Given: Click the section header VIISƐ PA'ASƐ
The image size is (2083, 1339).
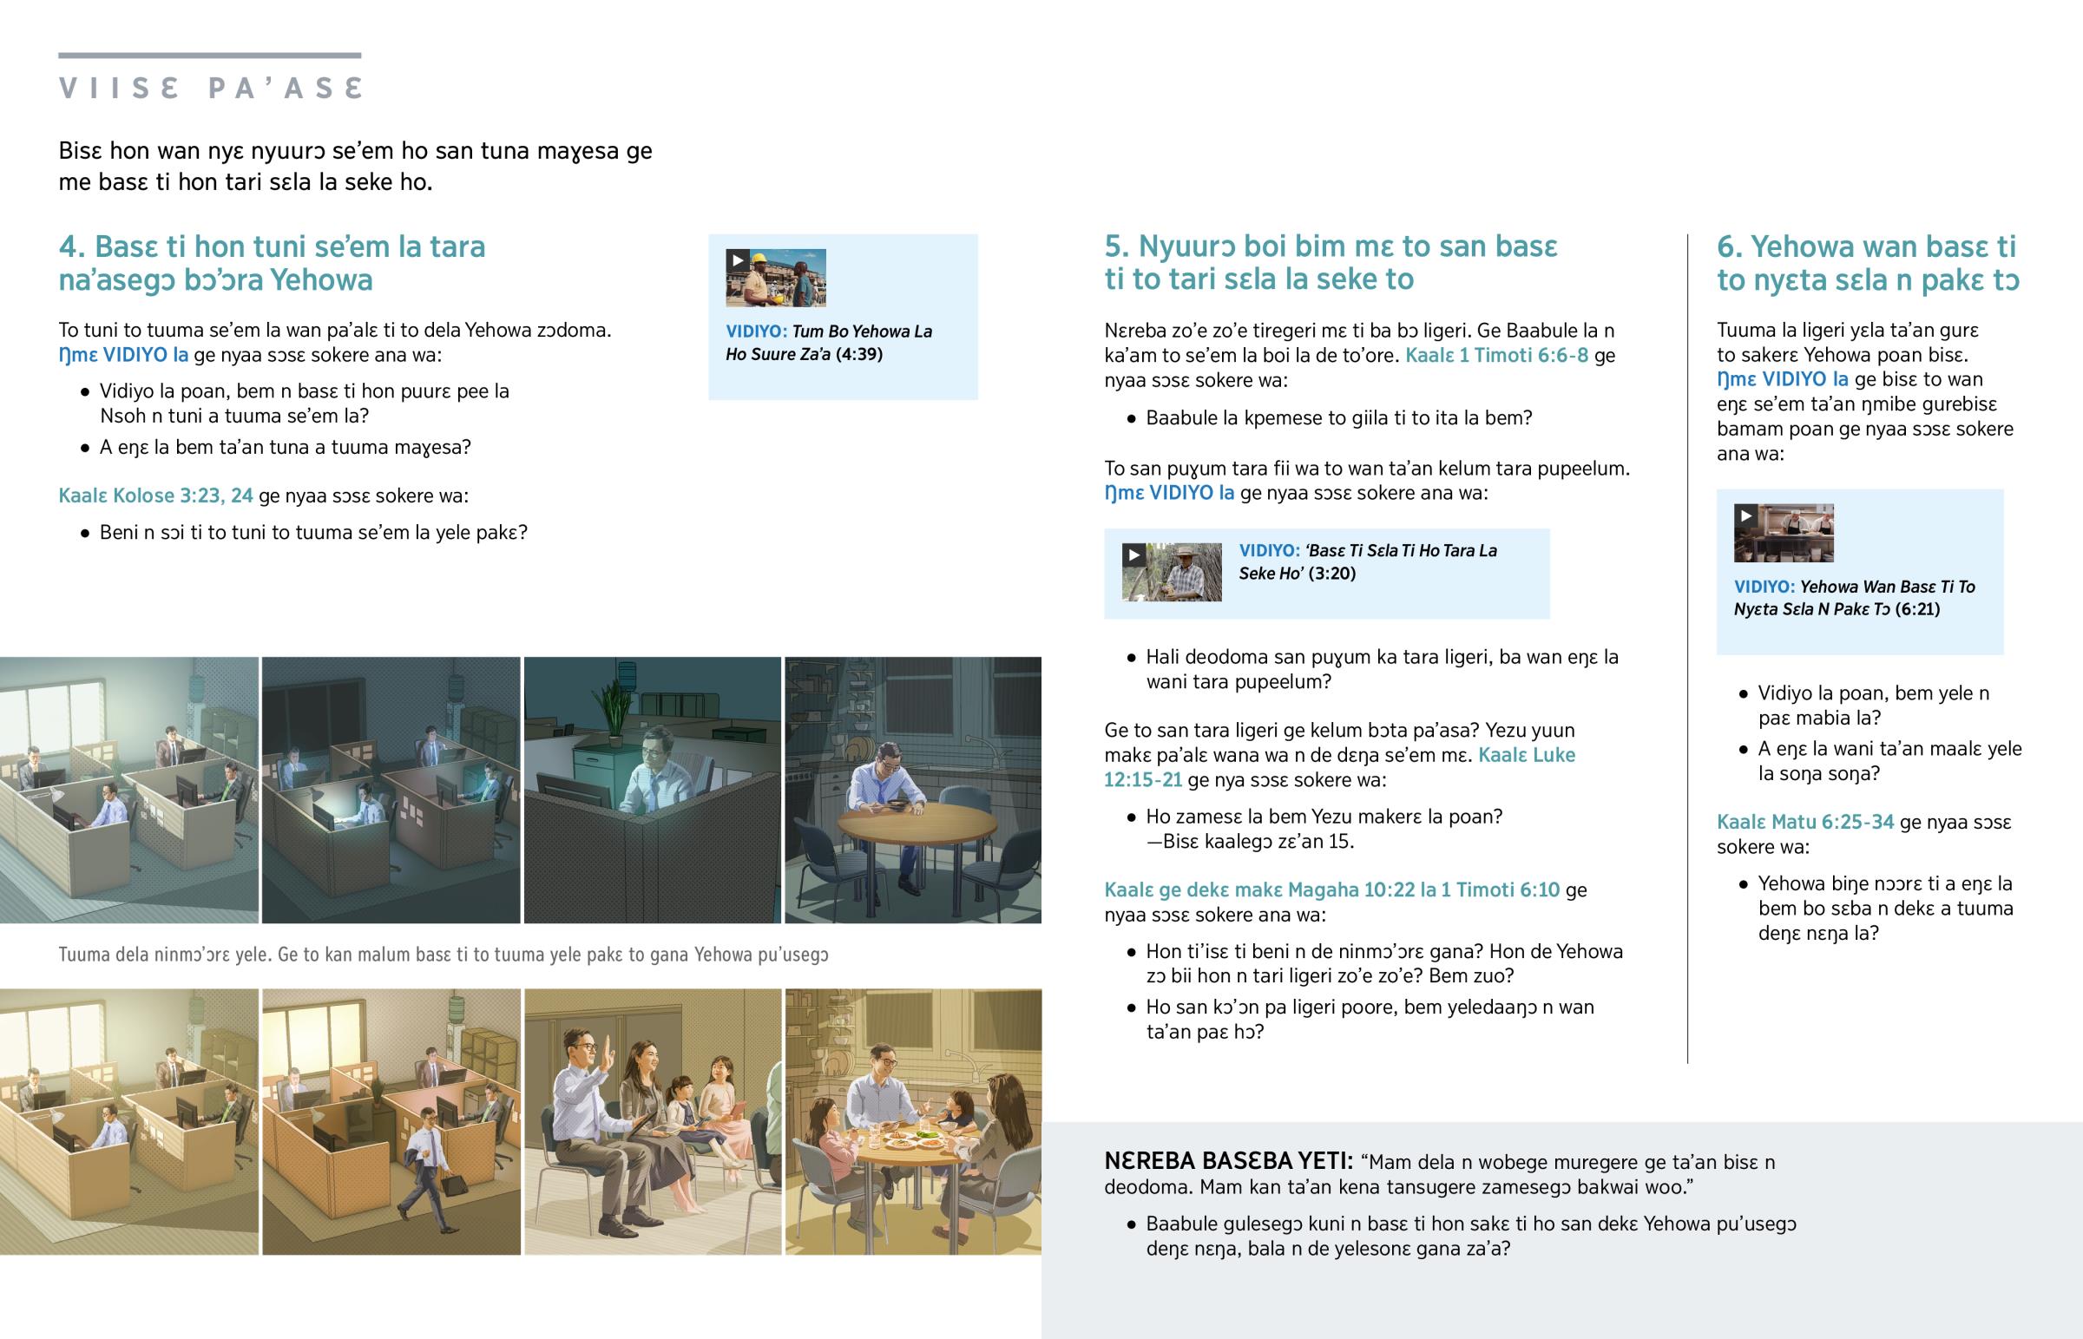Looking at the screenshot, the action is (x=210, y=88).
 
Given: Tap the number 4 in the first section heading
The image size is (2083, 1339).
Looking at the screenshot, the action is (x=68, y=247).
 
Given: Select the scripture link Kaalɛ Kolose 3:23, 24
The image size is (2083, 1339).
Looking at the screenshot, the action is (x=155, y=496).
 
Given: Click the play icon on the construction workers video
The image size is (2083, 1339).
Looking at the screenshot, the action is (x=737, y=260).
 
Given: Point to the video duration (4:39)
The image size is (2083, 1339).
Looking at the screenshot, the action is (x=858, y=354).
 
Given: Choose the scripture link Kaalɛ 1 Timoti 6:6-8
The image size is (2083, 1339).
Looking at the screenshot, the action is (x=1497, y=355).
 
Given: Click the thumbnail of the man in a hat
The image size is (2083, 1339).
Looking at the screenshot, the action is (x=1171, y=572).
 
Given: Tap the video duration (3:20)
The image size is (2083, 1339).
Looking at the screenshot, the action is (x=1333, y=573).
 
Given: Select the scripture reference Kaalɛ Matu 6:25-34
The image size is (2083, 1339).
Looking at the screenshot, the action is (x=1804, y=822).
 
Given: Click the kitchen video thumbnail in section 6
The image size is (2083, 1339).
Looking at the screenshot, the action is (x=1784, y=533).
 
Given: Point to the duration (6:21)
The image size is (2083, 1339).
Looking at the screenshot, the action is (x=1918, y=608).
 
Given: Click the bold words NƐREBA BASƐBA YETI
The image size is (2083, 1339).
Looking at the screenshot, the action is (x=1228, y=1161).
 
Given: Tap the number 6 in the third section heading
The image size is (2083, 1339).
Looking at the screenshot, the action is (x=1726, y=247).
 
